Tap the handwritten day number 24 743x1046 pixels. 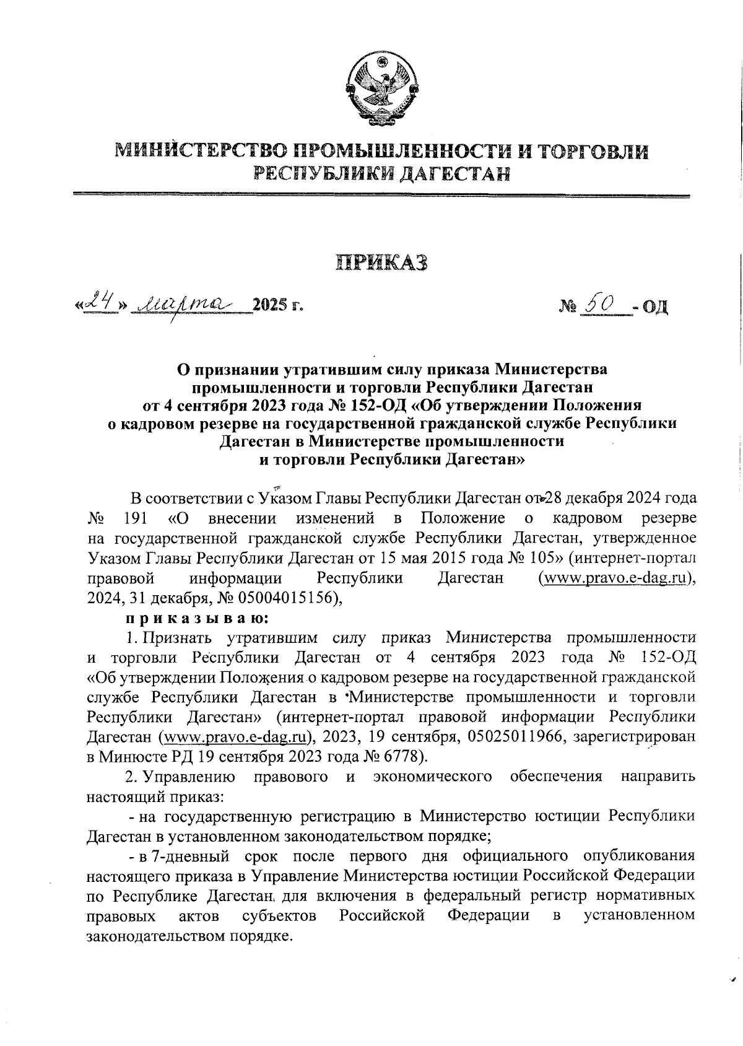pos(101,302)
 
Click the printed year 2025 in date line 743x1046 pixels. pos(271,305)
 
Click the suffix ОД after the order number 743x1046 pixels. pos(655,306)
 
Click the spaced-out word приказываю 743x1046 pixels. pos(198,617)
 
